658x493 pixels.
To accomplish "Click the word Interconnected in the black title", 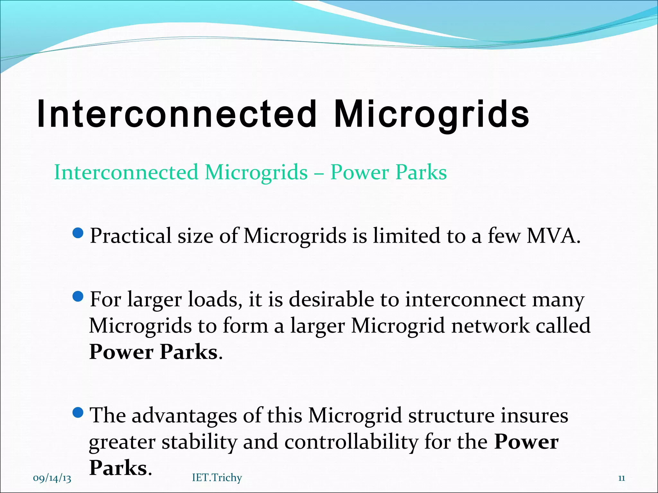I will pyautogui.click(x=177, y=114).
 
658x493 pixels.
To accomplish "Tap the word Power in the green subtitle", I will pyautogui.click(x=360, y=172).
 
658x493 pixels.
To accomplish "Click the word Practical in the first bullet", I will pyautogui.click(x=130, y=236).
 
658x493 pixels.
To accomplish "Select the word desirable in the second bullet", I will pyautogui.click(x=331, y=299).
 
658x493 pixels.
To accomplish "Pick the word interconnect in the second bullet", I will pyautogui.click(x=465, y=299).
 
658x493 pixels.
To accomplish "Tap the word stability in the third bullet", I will pyautogui.click(x=199, y=442).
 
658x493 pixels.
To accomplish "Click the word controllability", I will pyautogui.click(x=351, y=442).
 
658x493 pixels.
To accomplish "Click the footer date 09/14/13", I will pyautogui.click(x=52, y=478).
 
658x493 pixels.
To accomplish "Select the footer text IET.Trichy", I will pyautogui.click(x=217, y=478).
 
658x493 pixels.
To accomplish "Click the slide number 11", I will pyautogui.click(x=621, y=478).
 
